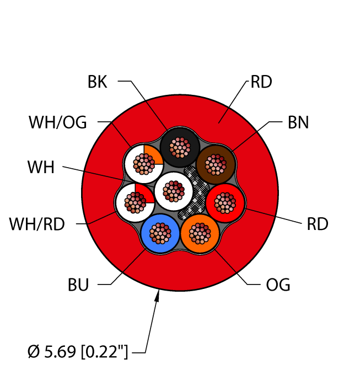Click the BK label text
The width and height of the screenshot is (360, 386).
98,83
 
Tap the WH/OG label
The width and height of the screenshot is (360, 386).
58,122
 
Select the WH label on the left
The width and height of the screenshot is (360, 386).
41,167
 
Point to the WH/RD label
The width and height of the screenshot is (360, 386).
37,224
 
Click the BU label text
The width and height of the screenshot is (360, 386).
78,285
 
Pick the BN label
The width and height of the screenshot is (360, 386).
298,123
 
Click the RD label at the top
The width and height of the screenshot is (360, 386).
261,83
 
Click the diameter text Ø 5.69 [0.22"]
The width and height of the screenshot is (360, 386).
77,351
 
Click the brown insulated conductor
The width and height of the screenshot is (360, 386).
216,163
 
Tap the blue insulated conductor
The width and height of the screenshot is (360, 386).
160,233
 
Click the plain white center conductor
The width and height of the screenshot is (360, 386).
174,190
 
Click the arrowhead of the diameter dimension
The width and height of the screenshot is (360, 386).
158,298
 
